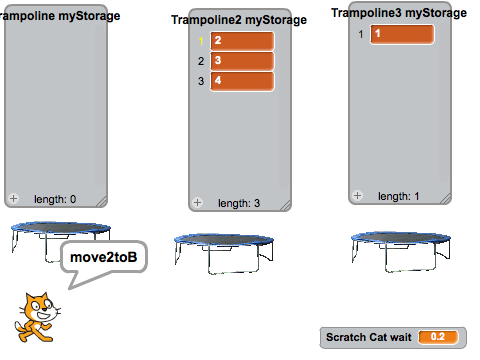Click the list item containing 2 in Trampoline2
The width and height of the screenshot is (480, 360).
click(x=242, y=41)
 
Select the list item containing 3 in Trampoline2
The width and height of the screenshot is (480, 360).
click(x=242, y=61)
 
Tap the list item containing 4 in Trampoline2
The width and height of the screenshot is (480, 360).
click(x=242, y=81)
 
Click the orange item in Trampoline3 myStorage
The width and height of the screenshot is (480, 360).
click(x=402, y=34)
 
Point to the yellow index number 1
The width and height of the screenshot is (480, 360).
click(x=201, y=41)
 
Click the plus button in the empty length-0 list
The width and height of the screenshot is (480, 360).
click(x=13, y=199)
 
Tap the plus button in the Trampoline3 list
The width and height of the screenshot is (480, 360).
click(x=357, y=195)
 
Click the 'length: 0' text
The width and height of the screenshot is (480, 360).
click(x=55, y=199)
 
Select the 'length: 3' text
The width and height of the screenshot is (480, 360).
click(x=239, y=203)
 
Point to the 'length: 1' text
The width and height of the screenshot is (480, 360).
click(x=399, y=196)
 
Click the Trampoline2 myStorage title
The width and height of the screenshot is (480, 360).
click(x=239, y=20)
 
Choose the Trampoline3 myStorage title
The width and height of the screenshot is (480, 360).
click(x=399, y=13)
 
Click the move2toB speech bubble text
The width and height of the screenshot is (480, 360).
click(x=104, y=257)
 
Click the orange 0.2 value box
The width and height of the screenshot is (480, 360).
click(x=438, y=337)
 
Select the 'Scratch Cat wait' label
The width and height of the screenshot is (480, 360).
click(x=369, y=337)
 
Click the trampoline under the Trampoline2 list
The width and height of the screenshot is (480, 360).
click(x=224, y=253)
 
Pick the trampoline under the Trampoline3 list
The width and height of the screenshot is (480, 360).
click(x=401, y=251)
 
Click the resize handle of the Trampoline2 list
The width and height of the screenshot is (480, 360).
click(x=285, y=206)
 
